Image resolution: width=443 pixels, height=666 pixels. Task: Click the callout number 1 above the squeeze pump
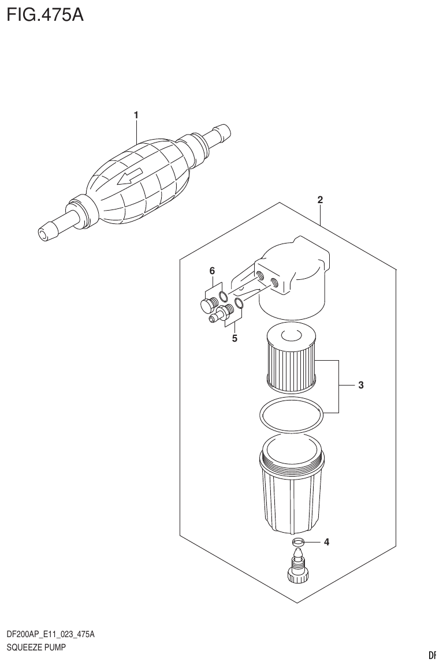136,115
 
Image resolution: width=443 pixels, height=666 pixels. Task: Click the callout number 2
320,200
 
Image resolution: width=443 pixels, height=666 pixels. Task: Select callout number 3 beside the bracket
360,385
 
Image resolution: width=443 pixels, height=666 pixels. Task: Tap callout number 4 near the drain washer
326,542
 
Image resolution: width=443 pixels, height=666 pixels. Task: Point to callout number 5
234,338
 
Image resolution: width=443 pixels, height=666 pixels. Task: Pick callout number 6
212,270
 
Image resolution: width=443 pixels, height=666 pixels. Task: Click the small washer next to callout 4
298,542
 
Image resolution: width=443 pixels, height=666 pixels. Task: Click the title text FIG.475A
46,14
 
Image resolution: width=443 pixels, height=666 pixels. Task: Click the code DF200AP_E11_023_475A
50,634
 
